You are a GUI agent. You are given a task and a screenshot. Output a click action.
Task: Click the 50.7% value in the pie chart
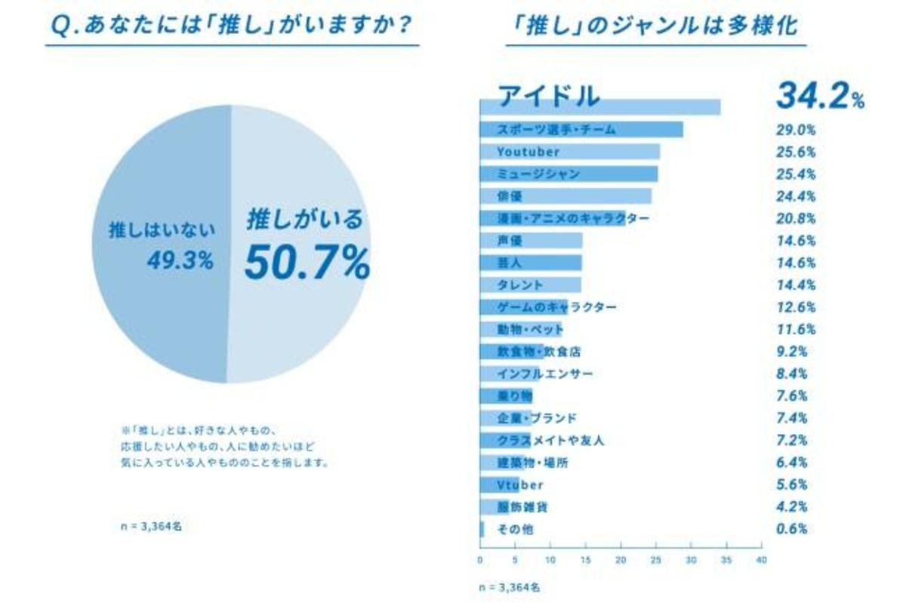[x=307, y=262]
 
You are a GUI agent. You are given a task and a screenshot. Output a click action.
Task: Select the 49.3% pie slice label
[x=180, y=261]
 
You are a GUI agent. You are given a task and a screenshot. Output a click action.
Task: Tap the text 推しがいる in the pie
[x=305, y=221]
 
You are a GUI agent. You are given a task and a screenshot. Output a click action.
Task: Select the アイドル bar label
[x=548, y=97]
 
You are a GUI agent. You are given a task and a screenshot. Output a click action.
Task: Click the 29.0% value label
[x=796, y=130]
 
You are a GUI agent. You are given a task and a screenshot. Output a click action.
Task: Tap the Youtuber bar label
[x=528, y=152]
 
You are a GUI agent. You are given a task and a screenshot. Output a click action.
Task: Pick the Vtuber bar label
[x=520, y=485]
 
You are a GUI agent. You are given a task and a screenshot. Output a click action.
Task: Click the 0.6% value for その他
[x=792, y=529]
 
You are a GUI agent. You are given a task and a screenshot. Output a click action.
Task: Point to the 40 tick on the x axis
[x=760, y=561]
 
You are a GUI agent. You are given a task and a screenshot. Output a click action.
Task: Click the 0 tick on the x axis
[x=480, y=561]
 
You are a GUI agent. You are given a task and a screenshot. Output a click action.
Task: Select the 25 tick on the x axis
[x=655, y=561]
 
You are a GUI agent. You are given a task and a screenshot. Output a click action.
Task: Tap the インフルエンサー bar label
[x=545, y=374]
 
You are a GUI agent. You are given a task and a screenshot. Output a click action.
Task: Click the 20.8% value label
[x=796, y=219]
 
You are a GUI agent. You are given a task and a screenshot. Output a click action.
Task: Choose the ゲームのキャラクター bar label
[x=556, y=307]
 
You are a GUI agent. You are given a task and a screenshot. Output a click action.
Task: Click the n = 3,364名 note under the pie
[x=150, y=527]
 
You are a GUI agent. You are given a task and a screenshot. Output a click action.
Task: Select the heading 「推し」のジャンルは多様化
[x=655, y=26]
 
